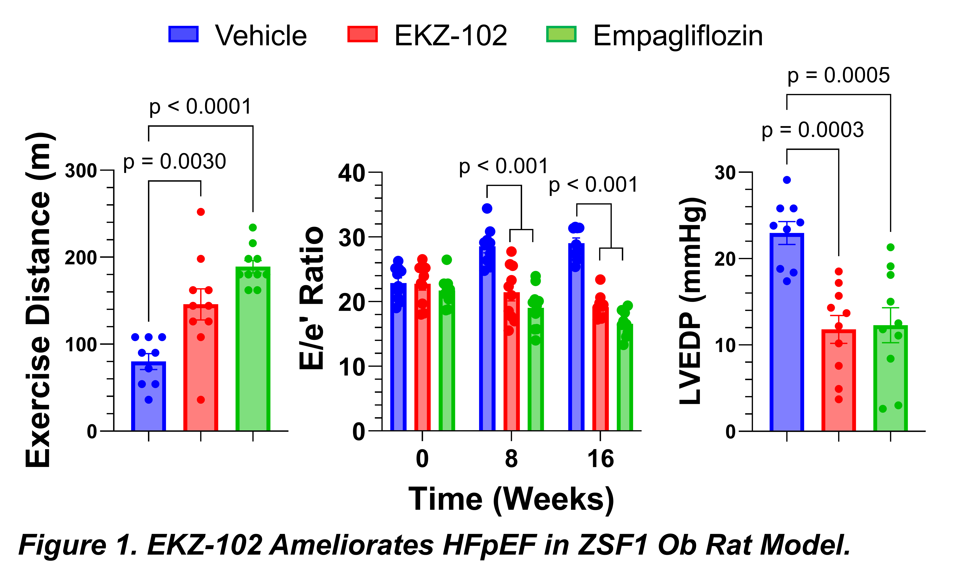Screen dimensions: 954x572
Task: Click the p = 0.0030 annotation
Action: tap(174, 162)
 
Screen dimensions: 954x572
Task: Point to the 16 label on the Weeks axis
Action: tap(600, 459)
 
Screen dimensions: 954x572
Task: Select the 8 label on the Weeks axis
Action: tap(511, 459)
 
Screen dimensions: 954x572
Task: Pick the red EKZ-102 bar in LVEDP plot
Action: tap(839, 380)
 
